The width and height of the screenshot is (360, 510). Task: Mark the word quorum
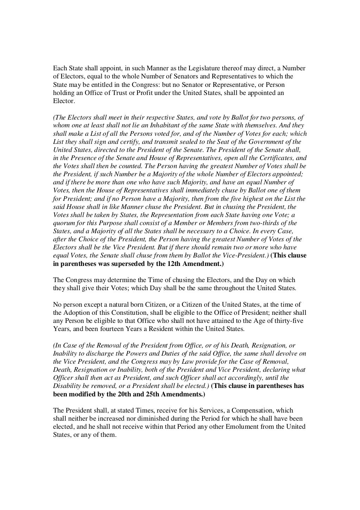63,223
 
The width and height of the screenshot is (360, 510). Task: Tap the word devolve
288,353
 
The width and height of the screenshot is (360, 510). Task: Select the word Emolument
245,427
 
